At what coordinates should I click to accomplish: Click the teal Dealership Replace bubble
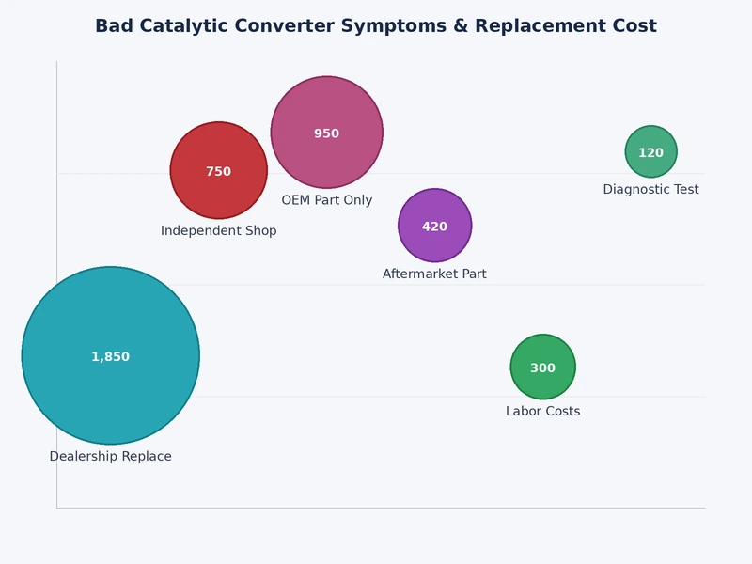(x=110, y=385)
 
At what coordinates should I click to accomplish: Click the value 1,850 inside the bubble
(x=110, y=357)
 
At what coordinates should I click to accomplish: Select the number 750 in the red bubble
(x=218, y=172)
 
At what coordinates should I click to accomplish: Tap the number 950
(x=326, y=134)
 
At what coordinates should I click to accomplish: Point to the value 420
(x=434, y=227)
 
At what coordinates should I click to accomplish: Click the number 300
(x=542, y=368)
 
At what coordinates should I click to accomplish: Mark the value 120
(x=650, y=153)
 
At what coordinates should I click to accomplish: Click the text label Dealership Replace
(x=110, y=457)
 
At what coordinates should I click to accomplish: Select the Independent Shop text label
(x=218, y=231)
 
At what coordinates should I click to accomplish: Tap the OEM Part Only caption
(x=326, y=200)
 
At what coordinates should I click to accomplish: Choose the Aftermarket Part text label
(x=434, y=274)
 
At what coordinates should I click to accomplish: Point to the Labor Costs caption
(x=542, y=412)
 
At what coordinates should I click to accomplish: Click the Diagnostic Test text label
(x=650, y=190)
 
